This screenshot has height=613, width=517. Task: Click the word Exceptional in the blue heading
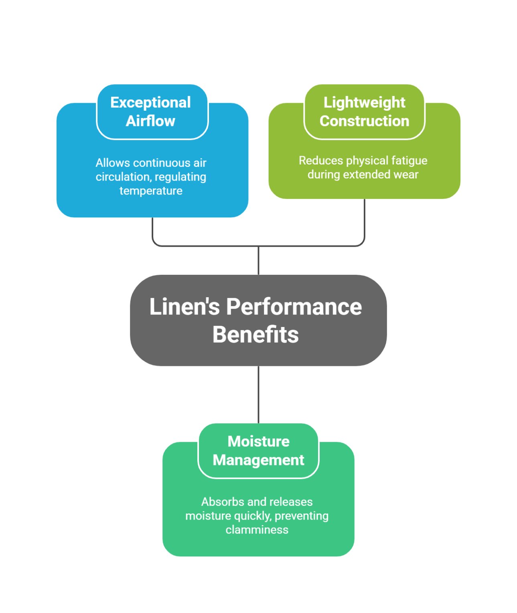coord(150,102)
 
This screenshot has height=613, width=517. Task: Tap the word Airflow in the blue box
coord(150,121)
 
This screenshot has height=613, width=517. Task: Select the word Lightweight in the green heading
coord(364,102)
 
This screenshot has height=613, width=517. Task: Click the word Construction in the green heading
coord(364,121)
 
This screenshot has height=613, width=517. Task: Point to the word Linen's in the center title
coord(184,307)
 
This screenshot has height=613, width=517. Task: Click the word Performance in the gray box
coord(294,307)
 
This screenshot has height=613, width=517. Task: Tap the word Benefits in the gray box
coord(255,335)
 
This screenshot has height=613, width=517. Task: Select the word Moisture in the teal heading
coord(258,441)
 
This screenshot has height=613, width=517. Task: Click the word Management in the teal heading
coord(258,460)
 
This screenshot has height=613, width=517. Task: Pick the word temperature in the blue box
coord(151,191)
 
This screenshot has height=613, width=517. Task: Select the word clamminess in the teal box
coord(257,530)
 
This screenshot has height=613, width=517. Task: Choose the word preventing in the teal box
coord(302,516)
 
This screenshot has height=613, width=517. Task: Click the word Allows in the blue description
coord(113,163)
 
